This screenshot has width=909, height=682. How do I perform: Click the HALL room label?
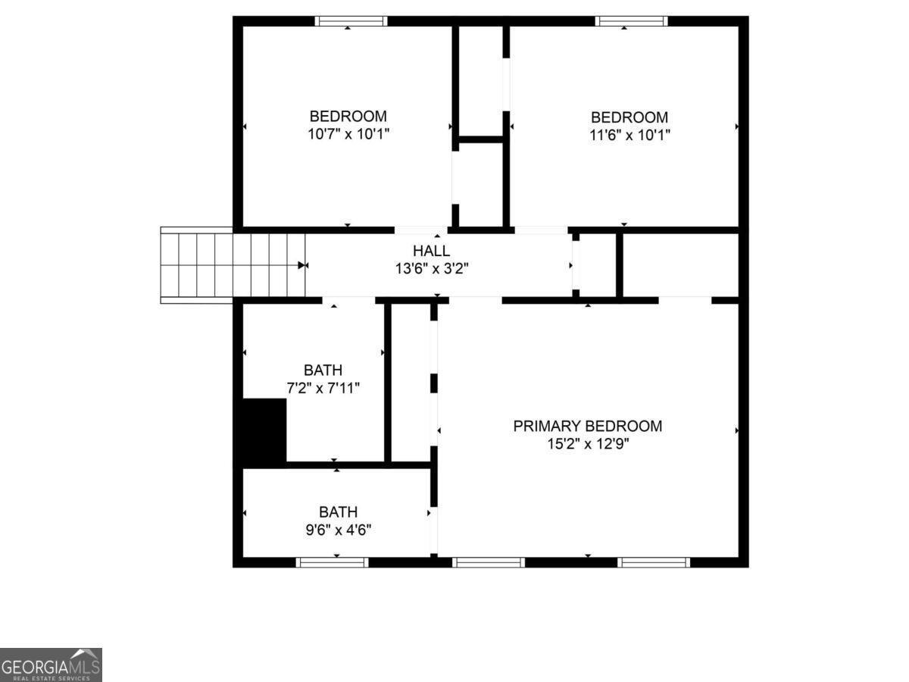click(431, 251)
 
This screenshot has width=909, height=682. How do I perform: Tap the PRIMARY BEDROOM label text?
click(587, 426)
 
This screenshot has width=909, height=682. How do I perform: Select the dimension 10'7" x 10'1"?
click(348, 134)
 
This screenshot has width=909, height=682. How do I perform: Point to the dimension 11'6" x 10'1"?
click(629, 135)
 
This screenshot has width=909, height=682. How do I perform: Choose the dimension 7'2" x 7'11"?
click(323, 388)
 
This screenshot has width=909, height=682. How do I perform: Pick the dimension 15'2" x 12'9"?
click(587, 443)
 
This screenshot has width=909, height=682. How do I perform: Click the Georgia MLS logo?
click(51, 665)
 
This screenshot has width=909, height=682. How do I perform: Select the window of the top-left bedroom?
click(351, 21)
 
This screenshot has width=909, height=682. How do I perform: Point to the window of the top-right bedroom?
click(632, 21)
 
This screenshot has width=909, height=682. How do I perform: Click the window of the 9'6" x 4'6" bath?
click(332, 562)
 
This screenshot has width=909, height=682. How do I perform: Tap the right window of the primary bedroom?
click(654, 562)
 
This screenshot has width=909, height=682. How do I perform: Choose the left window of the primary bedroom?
click(489, 562)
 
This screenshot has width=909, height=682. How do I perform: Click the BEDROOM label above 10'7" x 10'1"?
click(348, 117)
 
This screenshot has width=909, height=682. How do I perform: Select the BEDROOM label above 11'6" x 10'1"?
click(629, 117)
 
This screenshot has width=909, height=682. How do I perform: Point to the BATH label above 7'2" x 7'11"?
click(323, 371)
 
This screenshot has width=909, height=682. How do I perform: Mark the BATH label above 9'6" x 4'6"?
click(338, 512)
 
